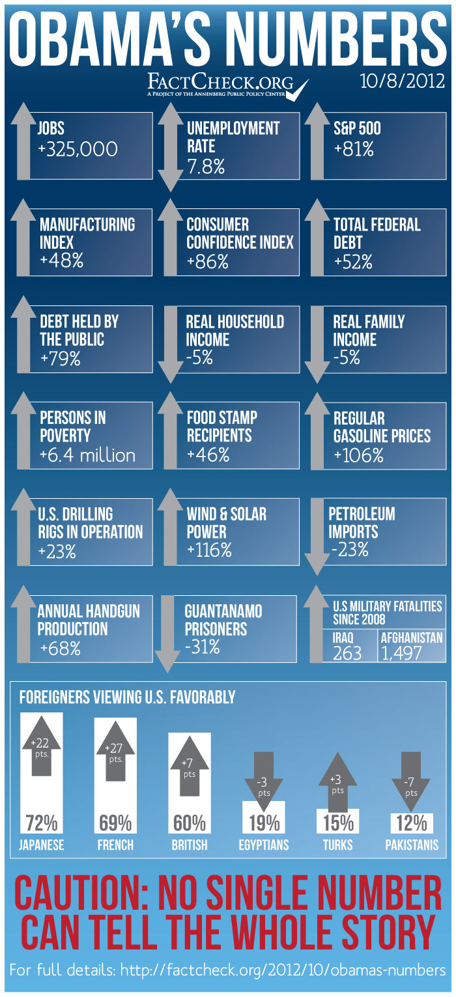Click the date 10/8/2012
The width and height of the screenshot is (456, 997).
click(402, 82)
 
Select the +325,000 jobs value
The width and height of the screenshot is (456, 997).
click(78, 149)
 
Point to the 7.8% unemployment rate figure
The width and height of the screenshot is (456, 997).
click(206, 166)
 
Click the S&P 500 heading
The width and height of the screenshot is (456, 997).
click(357, 128)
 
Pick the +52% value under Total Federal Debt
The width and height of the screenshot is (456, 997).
click(353, 262)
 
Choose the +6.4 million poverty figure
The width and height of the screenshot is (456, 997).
click(87, 455)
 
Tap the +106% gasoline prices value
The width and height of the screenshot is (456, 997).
click(358, 455)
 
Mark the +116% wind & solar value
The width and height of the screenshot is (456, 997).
click(209, 550)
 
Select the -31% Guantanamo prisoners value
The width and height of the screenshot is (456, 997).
click(203, 647)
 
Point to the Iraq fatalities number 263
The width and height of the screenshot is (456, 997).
click(347, 653)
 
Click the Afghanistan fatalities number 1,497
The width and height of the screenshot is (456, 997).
click(403, 653)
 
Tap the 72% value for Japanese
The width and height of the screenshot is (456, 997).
click(42, 823)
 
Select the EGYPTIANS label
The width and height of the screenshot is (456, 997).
click(264, 845)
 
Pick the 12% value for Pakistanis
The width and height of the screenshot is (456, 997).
click(411, 823)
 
